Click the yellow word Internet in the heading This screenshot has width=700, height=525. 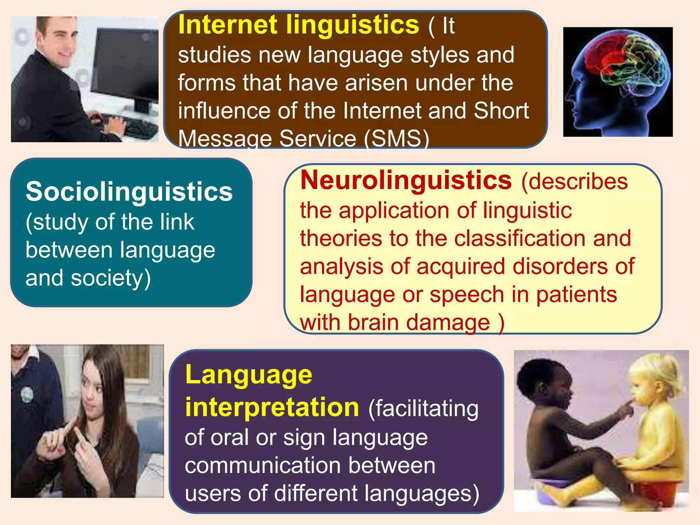point(228,25)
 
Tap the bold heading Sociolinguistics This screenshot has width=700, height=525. point(129,191)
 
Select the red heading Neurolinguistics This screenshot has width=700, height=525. point(406,180)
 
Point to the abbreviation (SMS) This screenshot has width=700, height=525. point(396,138)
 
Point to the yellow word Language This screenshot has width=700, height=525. point(248,375)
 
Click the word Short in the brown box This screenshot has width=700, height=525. point(501,111)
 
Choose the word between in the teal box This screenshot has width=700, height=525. point(69,250)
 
